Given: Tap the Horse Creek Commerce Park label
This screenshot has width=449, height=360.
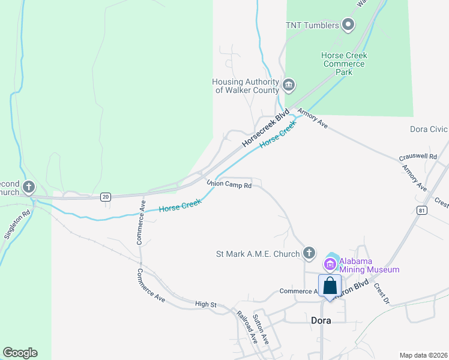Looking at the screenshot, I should [344, 64].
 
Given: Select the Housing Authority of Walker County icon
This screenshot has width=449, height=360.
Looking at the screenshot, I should [288, 85].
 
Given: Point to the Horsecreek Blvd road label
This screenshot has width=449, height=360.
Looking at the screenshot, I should [265, 128].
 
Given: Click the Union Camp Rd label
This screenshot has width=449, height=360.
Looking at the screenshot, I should [229, 184].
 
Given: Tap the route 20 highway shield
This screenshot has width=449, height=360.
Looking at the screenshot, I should [106, 196].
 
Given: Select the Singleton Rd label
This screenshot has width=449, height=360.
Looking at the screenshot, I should [17, 224].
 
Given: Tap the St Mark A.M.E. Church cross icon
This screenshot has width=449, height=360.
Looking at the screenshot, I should [309, 253].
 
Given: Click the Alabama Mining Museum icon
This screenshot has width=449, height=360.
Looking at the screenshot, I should [330, 263].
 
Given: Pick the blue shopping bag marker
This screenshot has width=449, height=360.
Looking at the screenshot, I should [330, 286].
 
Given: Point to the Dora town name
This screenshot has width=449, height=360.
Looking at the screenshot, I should [321, 320].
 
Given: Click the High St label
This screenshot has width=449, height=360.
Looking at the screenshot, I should [205, 304].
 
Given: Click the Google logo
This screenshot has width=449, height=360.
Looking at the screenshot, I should [20, 353].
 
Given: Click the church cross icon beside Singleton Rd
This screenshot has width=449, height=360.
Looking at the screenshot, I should [28, 188].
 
